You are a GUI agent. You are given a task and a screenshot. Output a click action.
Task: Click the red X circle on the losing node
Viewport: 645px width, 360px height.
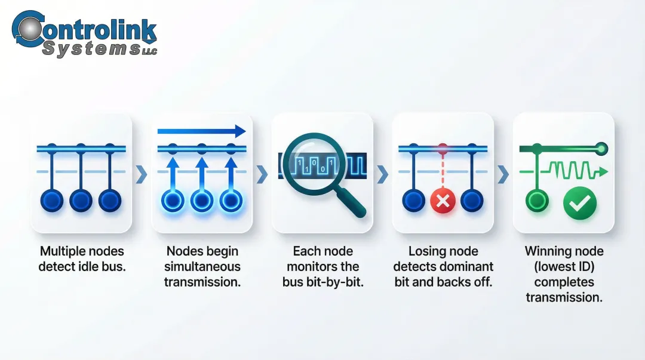443,201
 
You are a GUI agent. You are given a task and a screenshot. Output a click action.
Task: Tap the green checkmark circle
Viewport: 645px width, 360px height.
579,203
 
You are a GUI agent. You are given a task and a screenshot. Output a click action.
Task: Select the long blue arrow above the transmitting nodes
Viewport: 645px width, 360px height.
202,131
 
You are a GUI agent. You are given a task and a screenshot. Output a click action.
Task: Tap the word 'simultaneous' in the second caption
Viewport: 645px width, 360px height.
202,266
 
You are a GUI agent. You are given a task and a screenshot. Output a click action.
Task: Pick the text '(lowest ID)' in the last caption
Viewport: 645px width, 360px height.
564,266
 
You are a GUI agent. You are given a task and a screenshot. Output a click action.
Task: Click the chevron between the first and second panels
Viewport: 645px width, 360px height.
142,174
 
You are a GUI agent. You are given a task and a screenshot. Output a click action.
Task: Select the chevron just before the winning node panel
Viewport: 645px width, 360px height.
503,174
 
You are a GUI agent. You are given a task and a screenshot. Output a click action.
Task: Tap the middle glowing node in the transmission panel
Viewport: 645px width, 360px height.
202,201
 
